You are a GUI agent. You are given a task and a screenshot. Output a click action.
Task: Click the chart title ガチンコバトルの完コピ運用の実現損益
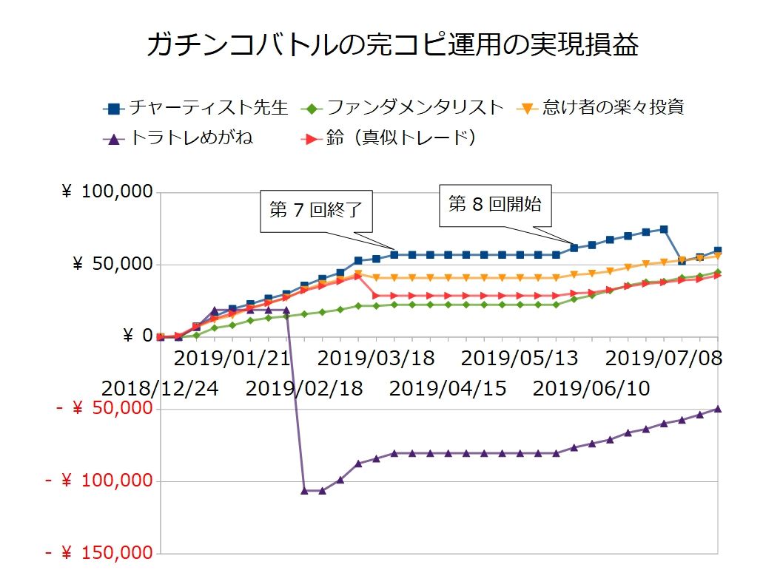click(392, 46)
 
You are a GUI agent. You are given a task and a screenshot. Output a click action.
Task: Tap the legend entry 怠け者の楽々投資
click(611, 107)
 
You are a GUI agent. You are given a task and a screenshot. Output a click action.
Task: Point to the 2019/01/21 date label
click(232, 359)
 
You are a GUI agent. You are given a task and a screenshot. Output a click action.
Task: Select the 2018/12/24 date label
click(160, 387)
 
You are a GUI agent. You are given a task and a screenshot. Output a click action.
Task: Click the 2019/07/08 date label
click(664, 359)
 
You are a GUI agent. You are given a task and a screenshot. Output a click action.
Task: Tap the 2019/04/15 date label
click(448, 387)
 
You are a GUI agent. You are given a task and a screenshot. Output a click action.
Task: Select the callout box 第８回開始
click(495, 204)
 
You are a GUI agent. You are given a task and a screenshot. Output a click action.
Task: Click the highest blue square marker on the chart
click(664, 229)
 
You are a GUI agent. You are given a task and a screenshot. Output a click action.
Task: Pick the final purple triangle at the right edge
click(717, 408)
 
